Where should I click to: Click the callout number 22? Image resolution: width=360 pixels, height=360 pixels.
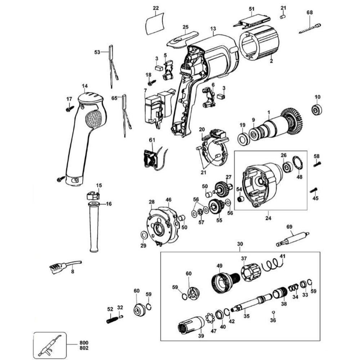pyautogui.click(x=156, y=8)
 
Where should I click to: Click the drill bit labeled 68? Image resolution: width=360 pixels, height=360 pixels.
pyautogui.click(x=310, y=28)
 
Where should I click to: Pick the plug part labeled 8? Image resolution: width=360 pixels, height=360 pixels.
pyautogui.click(x=58, y=266)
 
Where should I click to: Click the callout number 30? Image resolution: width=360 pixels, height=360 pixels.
pyautogui.click(x=240, y=244)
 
